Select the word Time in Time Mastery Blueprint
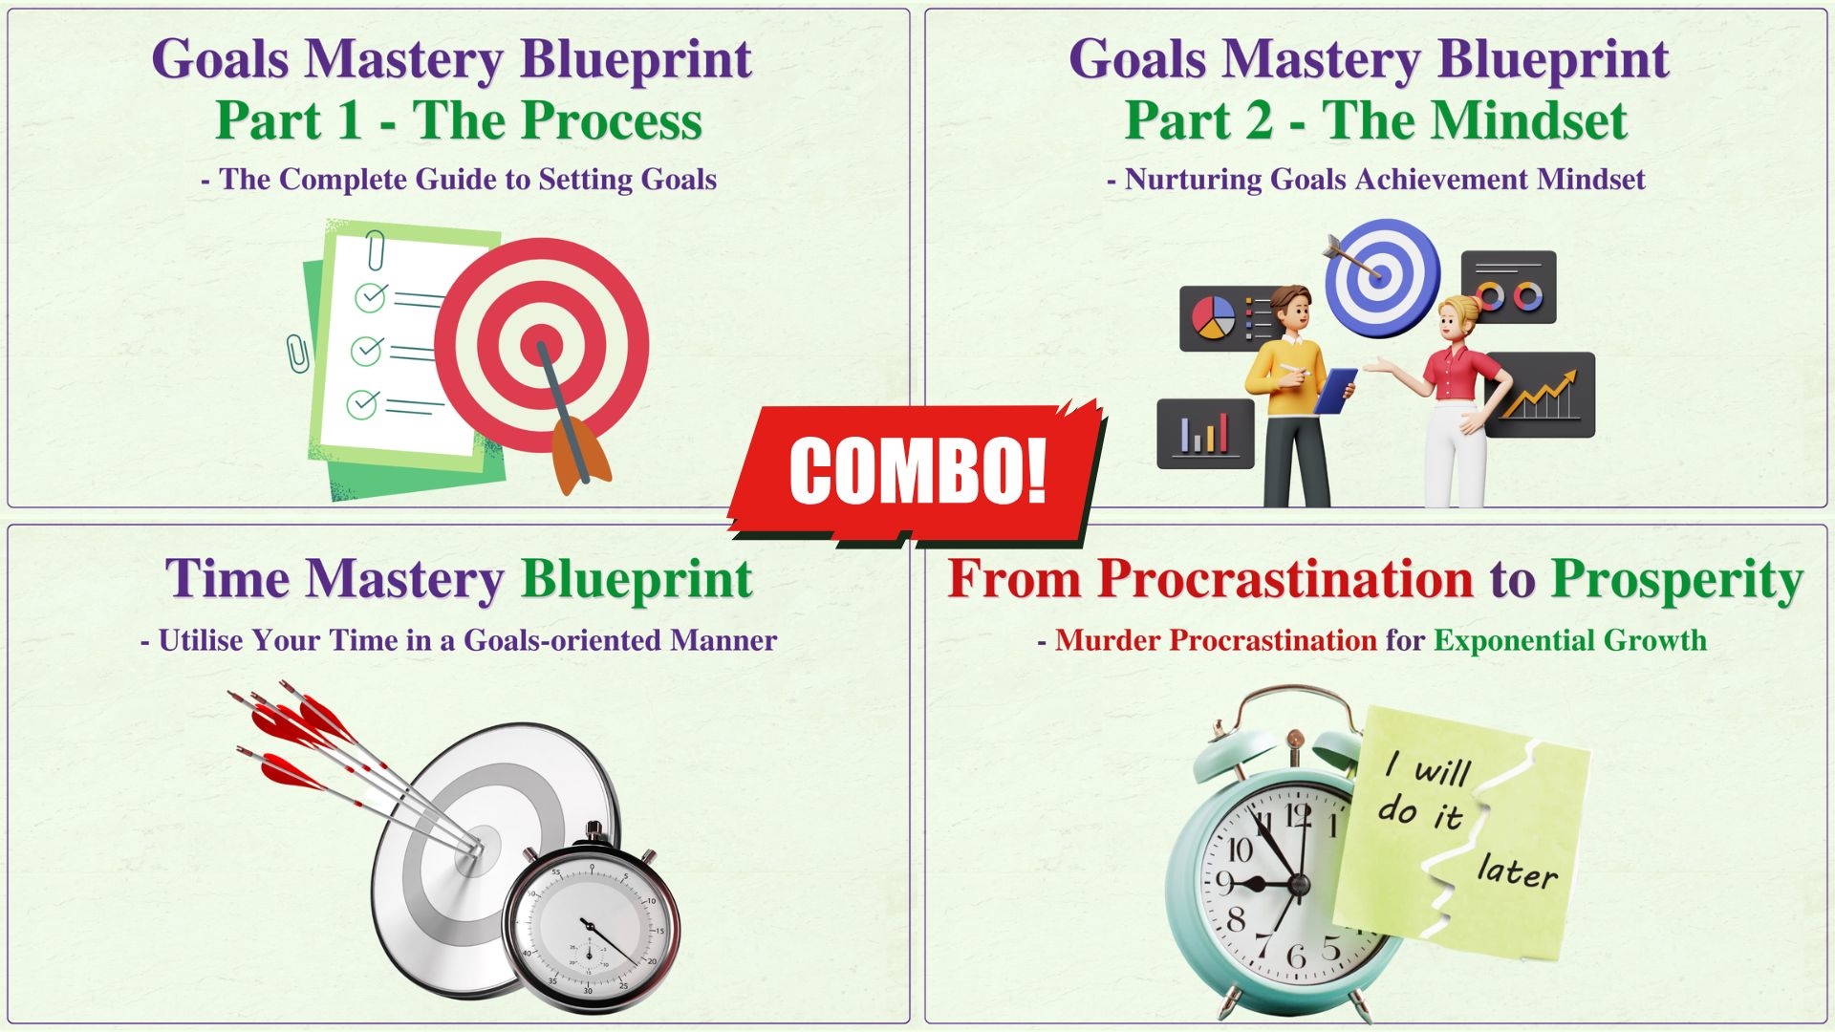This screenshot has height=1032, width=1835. [227, 578]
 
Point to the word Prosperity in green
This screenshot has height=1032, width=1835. [1677, 580]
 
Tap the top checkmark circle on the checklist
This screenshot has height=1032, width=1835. [371, 296]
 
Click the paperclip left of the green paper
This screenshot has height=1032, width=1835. [298, 354]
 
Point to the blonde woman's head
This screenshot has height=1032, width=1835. [1459, 316]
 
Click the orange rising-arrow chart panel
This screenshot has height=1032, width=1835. [1541, 395]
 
